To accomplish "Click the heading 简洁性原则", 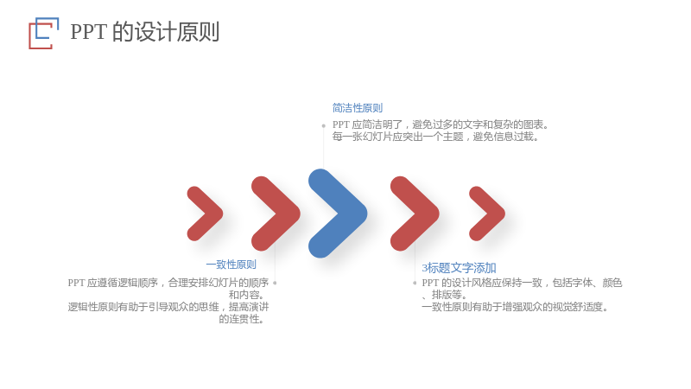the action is pyautogui.click(x=358, y=107).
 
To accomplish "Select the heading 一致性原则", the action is pyautogui.click(x=231, y=265).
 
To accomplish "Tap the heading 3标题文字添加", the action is pyautogui.click(x=459, y=268).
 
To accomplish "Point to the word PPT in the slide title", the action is pyautogui.click(x=88, y=32).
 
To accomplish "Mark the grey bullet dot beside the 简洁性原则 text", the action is pyautogui.click(x=323, y=125).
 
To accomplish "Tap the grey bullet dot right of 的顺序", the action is pyautogui.click(x=275, y=283).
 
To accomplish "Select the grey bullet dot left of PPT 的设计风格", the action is pyautogui.click(x=415, y=283).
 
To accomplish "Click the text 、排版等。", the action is pyautogui.click(x=444, y=295).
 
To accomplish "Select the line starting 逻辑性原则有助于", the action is pyautogui.click(x=168, y=307).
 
